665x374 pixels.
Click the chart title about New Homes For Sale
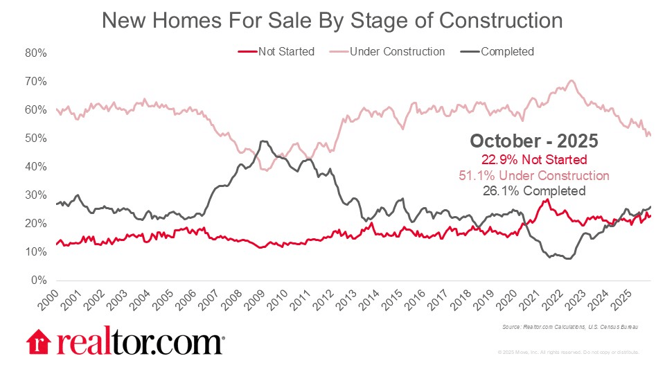(x=332, y=21)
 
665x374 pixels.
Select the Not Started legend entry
(x=285, y=51)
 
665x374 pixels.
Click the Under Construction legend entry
(x=397, y=51)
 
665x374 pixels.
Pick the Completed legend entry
(x=507, y=51)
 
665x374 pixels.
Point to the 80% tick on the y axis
(x=37, y=53)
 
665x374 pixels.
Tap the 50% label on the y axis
(x=37, y=139)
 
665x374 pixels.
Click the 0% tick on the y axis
(x=39, y=281)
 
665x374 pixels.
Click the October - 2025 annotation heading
(x=534, y=141)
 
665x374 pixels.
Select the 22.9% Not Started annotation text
(x=534, y=160)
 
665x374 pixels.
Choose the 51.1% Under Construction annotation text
(x=534, y=175)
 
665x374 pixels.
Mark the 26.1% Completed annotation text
(x=534, y=190)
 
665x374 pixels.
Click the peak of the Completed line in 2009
(x=263, y=141)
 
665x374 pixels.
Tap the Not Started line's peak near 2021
(x=547, y=199)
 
